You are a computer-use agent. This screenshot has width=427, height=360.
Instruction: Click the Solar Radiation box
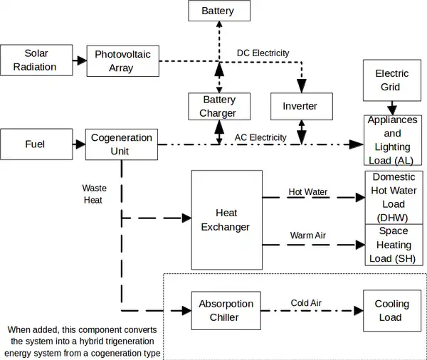(x=36, y=60)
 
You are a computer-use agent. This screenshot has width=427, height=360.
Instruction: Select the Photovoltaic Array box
(x=122, y=61)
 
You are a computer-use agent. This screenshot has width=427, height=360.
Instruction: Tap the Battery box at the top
(x=217, y=11)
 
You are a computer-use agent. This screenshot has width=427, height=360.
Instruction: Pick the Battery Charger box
(x=217, y=107)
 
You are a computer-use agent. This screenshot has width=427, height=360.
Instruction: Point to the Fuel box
(x=35, y=144)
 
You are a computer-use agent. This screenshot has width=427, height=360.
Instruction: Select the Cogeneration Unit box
(x=121, y=144)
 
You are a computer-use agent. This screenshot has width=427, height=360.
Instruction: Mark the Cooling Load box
(x=391, y=310)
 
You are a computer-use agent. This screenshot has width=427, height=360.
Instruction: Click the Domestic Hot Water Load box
(x=393, y=197)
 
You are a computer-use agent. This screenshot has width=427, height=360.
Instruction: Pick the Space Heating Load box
(x=393, y=245)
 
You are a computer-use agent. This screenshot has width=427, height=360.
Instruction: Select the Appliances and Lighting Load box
(x=393, y=140)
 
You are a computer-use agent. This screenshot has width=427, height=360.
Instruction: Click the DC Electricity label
(x=263, y=53)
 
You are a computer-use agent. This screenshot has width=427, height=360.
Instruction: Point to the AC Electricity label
(x=260, y=137)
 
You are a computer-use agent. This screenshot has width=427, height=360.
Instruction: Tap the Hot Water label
(x=307, y=192)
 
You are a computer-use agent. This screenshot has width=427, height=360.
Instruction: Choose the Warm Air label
(x=307, y=235)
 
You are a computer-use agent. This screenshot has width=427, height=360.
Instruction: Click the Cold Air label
(x=306, y=303)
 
